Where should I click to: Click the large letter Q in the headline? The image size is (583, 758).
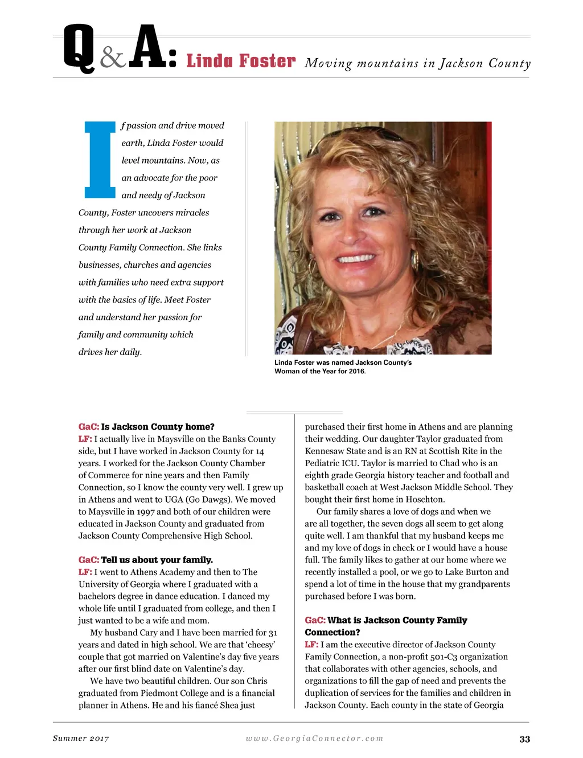click(79, 48)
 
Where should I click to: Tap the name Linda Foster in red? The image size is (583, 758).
click(241, 61)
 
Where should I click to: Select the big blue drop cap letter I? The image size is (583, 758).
click(100, 159)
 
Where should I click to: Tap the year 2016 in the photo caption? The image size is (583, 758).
click(356, 371)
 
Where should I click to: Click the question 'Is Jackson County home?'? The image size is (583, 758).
click(158, 427)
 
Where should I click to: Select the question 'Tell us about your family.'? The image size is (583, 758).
click(157, 560)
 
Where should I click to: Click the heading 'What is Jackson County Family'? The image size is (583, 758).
click(397, 620)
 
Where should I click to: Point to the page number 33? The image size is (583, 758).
click(524, 739)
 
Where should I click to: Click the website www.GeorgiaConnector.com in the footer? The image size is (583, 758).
click(314, 739)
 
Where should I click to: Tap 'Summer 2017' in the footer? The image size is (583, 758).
click(81, 739)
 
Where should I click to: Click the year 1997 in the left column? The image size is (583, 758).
click(145, 511)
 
